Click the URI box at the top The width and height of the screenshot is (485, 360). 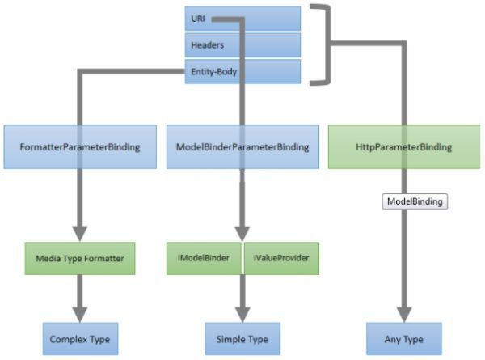(242, 18)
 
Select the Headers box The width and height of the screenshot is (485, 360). (242, 44)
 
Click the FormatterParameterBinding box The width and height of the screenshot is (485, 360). (79, 146)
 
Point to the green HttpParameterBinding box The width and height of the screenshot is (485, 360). (403, 146)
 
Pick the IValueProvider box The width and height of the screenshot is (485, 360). (279, 258)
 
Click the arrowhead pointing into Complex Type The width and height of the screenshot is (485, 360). (79, 313)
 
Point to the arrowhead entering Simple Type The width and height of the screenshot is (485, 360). (241, 313)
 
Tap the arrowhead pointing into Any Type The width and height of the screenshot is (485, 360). (403, 313)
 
